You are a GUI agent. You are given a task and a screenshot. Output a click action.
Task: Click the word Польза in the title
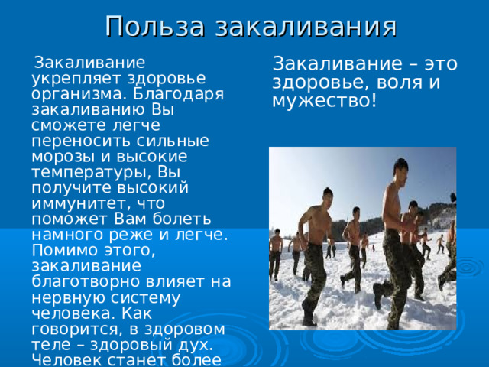click(155, 26)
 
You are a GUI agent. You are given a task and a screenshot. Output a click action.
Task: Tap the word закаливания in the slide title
click(306, 26)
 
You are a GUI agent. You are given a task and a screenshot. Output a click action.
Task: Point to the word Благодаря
click(179, 94)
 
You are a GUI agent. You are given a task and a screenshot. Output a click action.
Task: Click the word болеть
click(182, 219)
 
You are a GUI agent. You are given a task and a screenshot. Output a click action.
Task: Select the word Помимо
click(63, 250)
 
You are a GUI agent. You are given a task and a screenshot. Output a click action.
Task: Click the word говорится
click(79, 330)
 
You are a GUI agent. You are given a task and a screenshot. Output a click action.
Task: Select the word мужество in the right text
click(322, 101)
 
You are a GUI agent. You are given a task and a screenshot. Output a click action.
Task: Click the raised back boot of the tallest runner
click(378, 295)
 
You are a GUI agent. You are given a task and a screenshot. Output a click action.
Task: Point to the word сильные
click(173, 141)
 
